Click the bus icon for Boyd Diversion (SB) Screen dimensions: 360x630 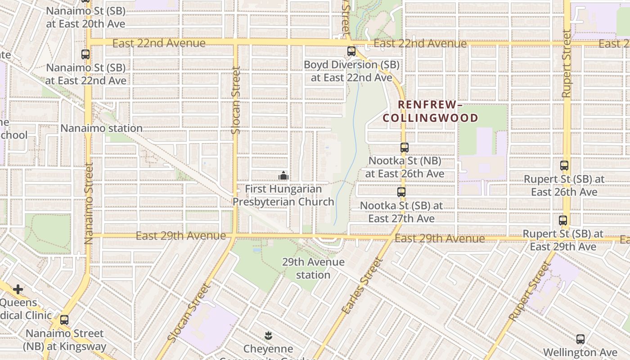click(x=351, y=51)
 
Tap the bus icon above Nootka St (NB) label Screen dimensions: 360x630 click(x=404, y=147)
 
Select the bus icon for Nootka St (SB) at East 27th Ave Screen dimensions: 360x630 click(x=401, y=192)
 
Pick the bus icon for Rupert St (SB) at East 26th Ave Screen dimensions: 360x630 click(x=564, y=166)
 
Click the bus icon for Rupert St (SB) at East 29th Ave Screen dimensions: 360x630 click(x=563, y=220)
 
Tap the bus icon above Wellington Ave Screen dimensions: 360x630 click(x=580, y=339)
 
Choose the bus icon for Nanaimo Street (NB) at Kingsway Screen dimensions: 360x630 click(x=64, y=320)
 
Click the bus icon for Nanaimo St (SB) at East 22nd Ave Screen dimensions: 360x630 click(x=85, y=54)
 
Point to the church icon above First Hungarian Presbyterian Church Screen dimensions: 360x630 click(x=283, y=175)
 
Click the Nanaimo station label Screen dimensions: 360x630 click(x=102, y=128)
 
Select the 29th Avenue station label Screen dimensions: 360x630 click(x=313, y=268)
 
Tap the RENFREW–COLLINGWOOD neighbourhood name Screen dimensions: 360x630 click(x=430, y=111)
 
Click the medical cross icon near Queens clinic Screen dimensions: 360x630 click(x=18, y=289)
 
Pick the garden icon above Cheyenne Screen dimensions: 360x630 click(x=268, y=335)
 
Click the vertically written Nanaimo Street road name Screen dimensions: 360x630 click(x=88, y=203)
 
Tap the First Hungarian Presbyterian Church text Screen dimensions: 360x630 click(x=283, y=195)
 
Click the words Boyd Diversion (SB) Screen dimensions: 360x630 click(x=351, y=65)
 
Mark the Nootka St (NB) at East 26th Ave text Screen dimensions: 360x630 click(x=405, y=167)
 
